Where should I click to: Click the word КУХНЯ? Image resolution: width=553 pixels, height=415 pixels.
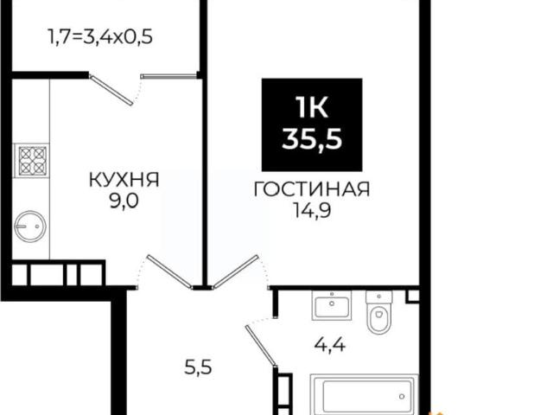[124, 180]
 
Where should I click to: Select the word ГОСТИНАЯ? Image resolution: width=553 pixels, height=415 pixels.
[312, 189]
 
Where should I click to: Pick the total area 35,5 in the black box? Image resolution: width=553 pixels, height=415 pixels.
[312, 138]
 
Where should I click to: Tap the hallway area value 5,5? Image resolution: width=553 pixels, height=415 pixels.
[200, 366]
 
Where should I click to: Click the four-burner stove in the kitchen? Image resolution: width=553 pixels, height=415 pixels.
[32, 161]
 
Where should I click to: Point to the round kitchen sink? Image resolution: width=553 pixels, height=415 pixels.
[29, 227]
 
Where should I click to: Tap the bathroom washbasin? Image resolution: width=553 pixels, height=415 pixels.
[333, 305]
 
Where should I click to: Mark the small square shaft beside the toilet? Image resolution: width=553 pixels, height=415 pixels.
[411, 296]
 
